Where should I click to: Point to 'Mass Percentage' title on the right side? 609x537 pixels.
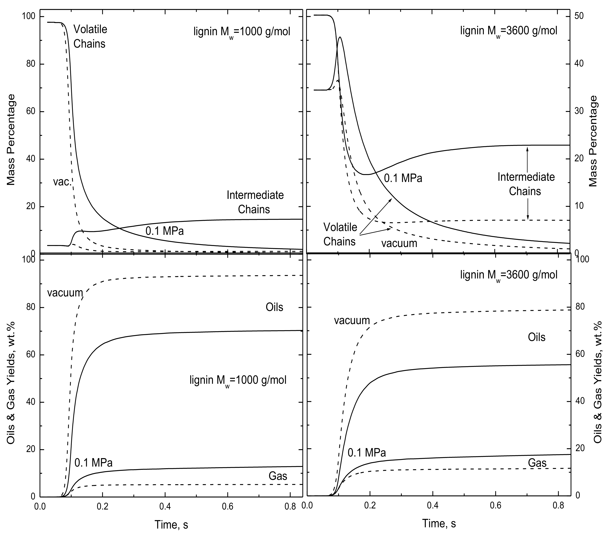coord(593,141)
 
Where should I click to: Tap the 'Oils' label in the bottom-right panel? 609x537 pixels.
coord(537,337)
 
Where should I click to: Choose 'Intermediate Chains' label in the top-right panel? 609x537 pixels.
coord(526,184)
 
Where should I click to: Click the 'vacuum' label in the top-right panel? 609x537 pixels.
coord(399,243)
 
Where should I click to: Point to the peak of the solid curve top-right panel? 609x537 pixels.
coord(340,37)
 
